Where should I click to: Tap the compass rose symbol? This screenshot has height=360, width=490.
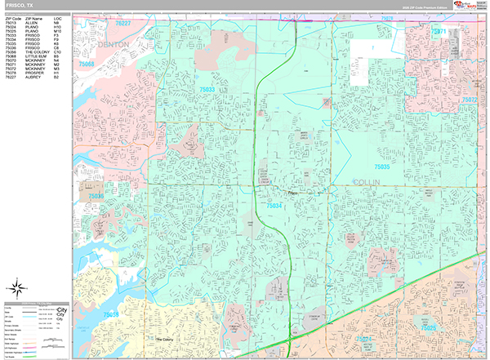tap(16, 287)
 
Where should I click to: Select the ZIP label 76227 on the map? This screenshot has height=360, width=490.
tap(122, 24)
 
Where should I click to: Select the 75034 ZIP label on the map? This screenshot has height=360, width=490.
tap(274, 206)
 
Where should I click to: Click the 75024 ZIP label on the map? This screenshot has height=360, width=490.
tap(362, 338)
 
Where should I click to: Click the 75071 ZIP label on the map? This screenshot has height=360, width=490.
tap(440, 31)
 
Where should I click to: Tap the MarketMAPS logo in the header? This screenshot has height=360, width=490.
tap(472, 7)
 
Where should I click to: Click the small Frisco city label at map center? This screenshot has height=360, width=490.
tap(296, 193)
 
